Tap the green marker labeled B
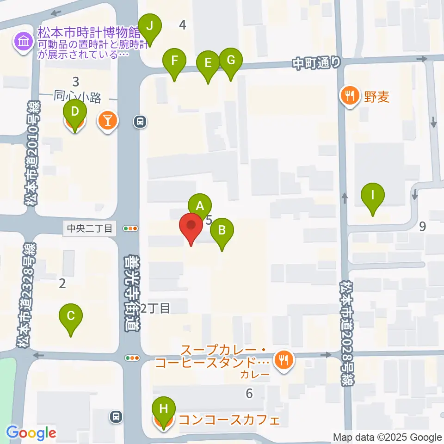tap(222, 229)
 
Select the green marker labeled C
tap(71, 316)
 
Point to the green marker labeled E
tap(208, 62)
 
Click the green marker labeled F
tap(174, 61)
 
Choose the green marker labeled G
tap(231, 60)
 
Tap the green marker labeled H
tap(163, 409)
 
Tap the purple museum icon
tap(23, 42)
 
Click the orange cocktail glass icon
tap(108, 122)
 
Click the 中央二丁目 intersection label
tap(90, 228)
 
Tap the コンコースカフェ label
tap(229, 421)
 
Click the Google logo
tap(31, 432)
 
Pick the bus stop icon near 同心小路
tap(140, 122)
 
